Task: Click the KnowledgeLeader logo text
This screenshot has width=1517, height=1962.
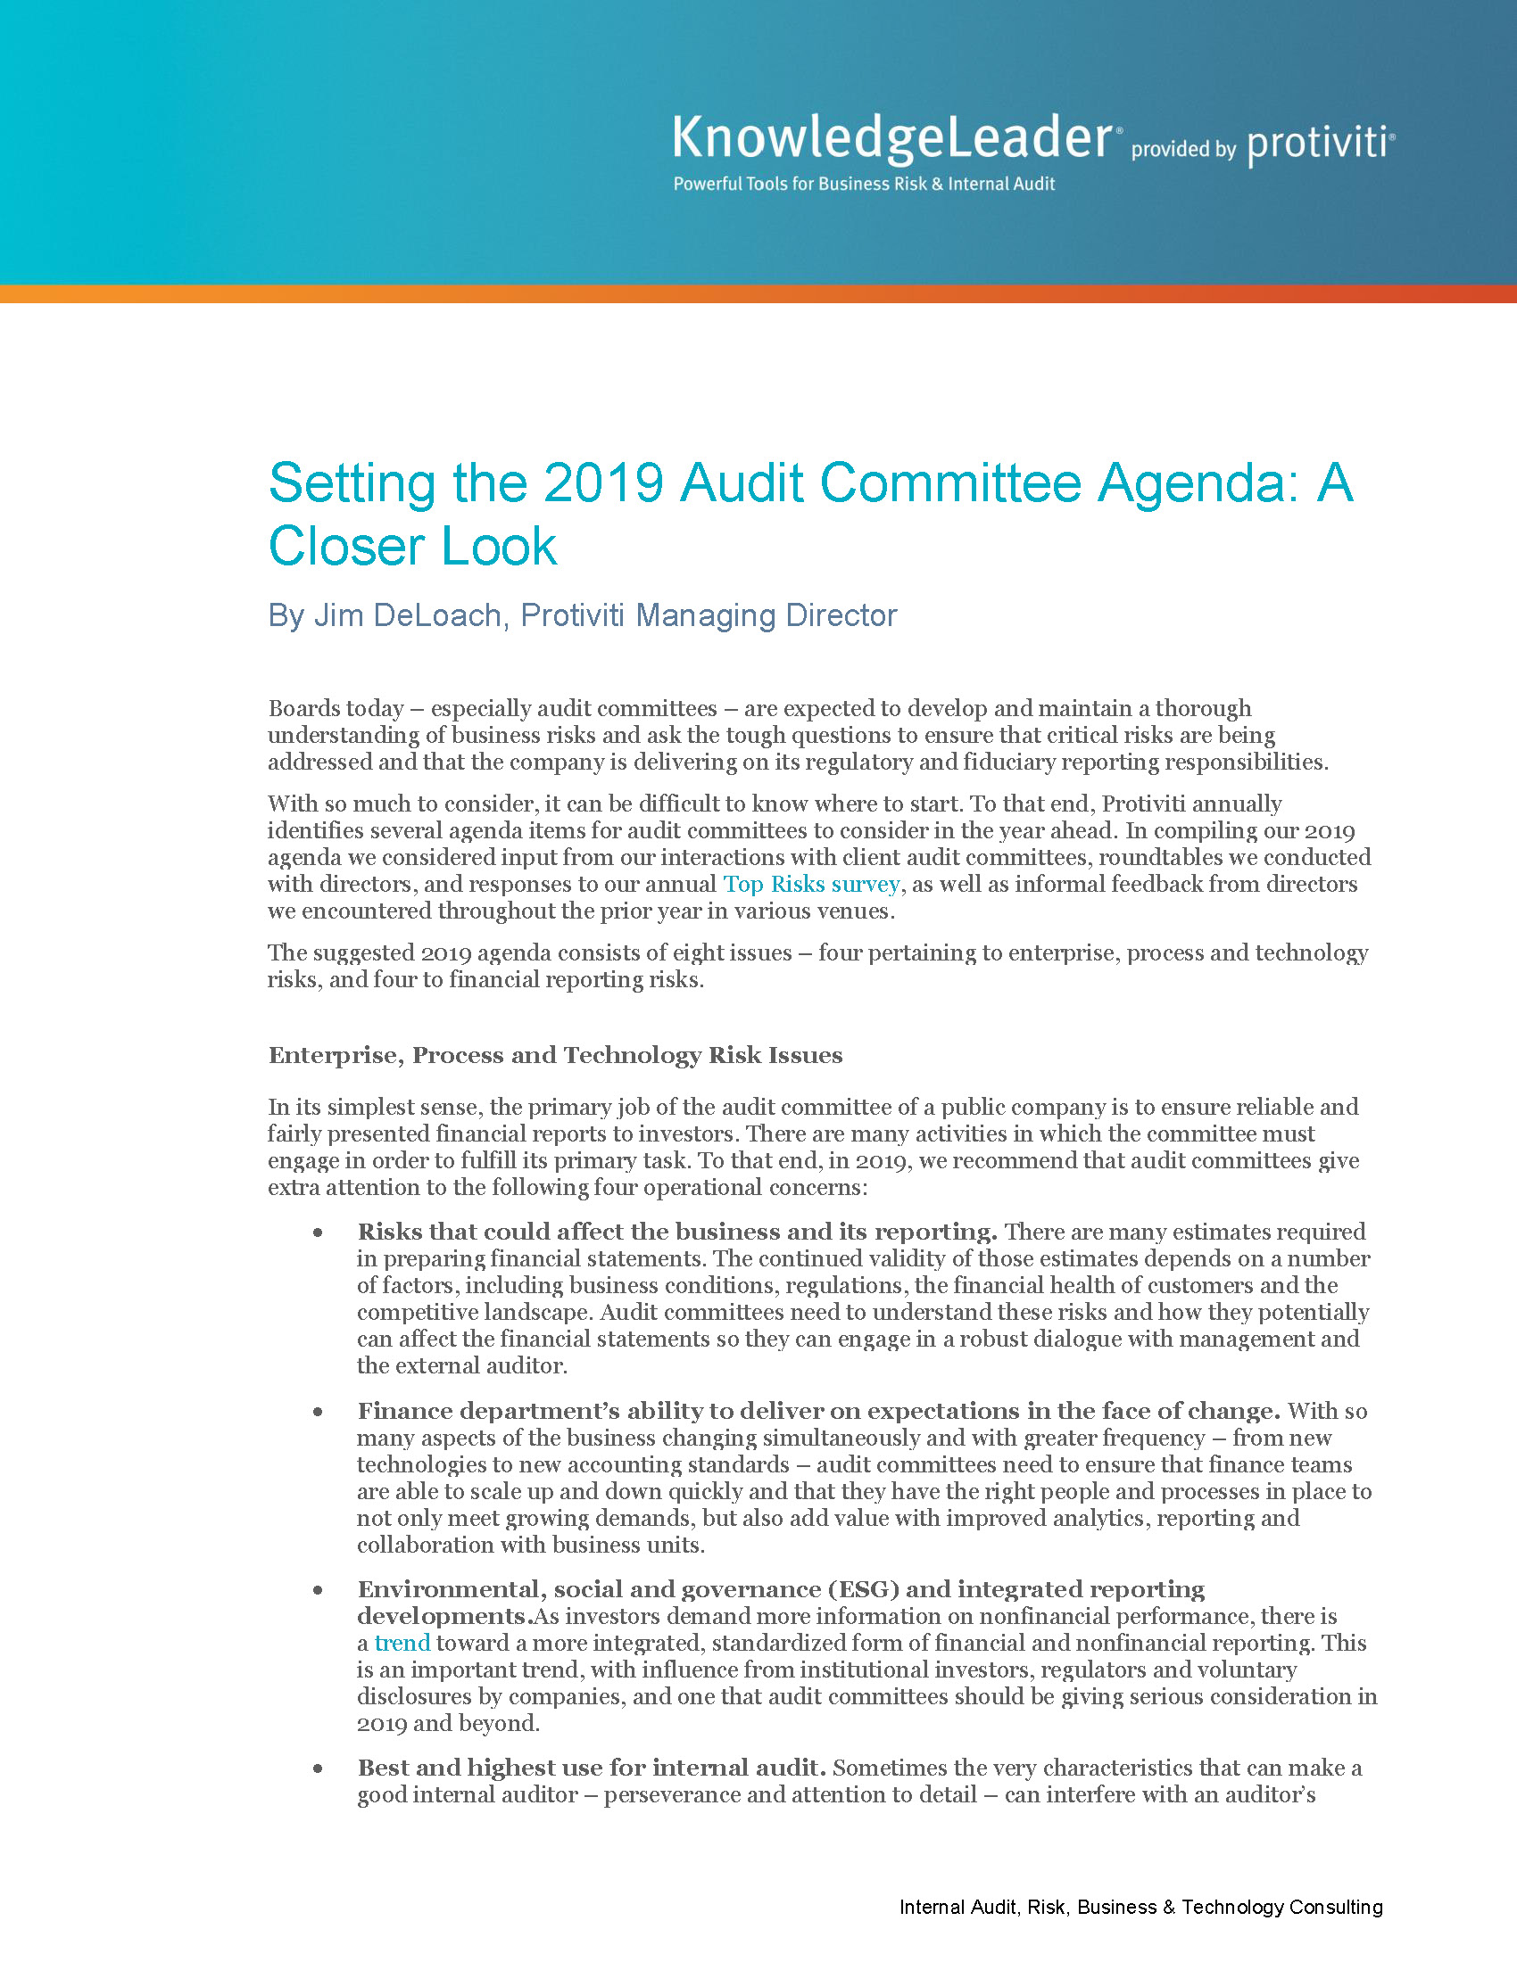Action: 894,139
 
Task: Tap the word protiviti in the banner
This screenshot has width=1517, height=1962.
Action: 1318,144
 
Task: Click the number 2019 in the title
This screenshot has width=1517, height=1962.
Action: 603,482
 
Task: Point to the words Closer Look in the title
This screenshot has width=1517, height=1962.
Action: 412,546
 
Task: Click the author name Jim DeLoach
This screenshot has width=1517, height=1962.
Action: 407,615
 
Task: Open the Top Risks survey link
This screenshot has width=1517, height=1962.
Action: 810,885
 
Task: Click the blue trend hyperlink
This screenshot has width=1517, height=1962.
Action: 402,1643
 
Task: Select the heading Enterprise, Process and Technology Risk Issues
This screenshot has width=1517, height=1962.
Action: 555,1055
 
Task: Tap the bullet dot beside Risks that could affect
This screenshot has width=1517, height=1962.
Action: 318,1233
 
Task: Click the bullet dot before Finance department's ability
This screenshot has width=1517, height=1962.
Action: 318,1413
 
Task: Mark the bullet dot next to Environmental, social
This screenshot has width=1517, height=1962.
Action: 318,1591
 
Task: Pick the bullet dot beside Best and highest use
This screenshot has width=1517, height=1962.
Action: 318,1769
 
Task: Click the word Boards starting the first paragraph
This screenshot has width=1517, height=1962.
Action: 300,709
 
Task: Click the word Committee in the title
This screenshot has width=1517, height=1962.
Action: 951,482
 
